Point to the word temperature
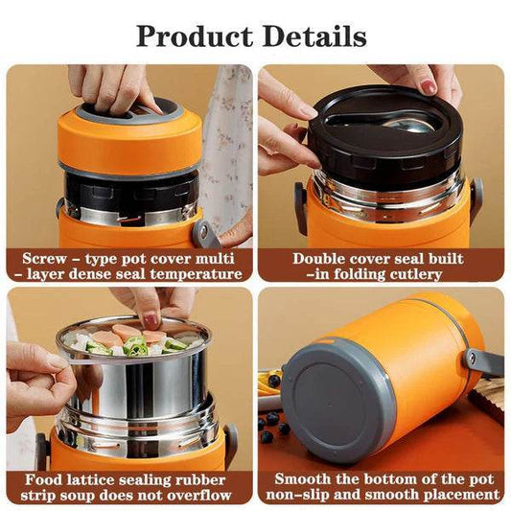(x=193, y=274)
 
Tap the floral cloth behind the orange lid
(x=226, y=144)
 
